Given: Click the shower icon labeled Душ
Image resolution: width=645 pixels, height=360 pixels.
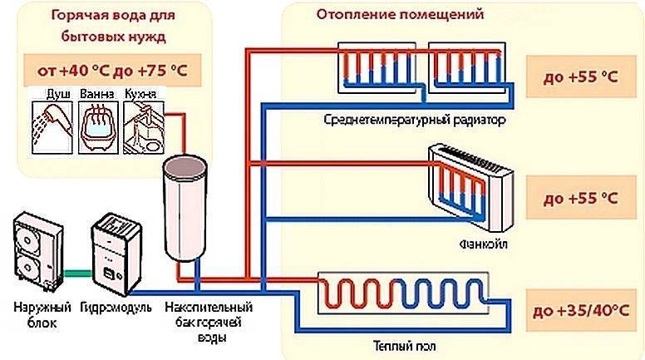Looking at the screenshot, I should [51, 126].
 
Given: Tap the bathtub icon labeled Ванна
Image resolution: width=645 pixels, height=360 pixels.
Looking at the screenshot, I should [97, 126].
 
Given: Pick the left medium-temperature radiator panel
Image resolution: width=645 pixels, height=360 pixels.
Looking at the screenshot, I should [379, 70].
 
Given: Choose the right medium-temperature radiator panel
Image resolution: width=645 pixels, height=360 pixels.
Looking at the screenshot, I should [468, 70].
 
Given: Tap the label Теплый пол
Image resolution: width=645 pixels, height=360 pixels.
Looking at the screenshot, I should [401, 343].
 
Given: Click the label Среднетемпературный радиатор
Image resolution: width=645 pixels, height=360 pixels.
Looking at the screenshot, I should [416, 120].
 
